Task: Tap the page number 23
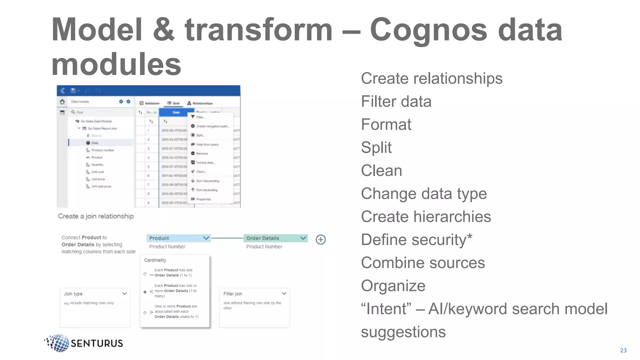point(623,350)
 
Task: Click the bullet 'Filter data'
point(396,102)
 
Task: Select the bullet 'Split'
point(376,147)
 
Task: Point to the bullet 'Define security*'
point(416,240)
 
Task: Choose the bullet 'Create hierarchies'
point(426,217)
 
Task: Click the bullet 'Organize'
point(393,286)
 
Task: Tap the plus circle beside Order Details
point(321,240)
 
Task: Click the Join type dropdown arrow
point(124,294)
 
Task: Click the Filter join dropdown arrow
point(284,294)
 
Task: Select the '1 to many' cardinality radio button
point(145,292)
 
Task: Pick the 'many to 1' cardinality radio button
point(145,312)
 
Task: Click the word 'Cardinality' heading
point(155,260)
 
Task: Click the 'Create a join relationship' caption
point(96,216)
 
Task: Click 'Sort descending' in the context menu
point(207,181)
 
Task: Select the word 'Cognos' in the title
point(428,30)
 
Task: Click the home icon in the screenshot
point(62,102)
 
